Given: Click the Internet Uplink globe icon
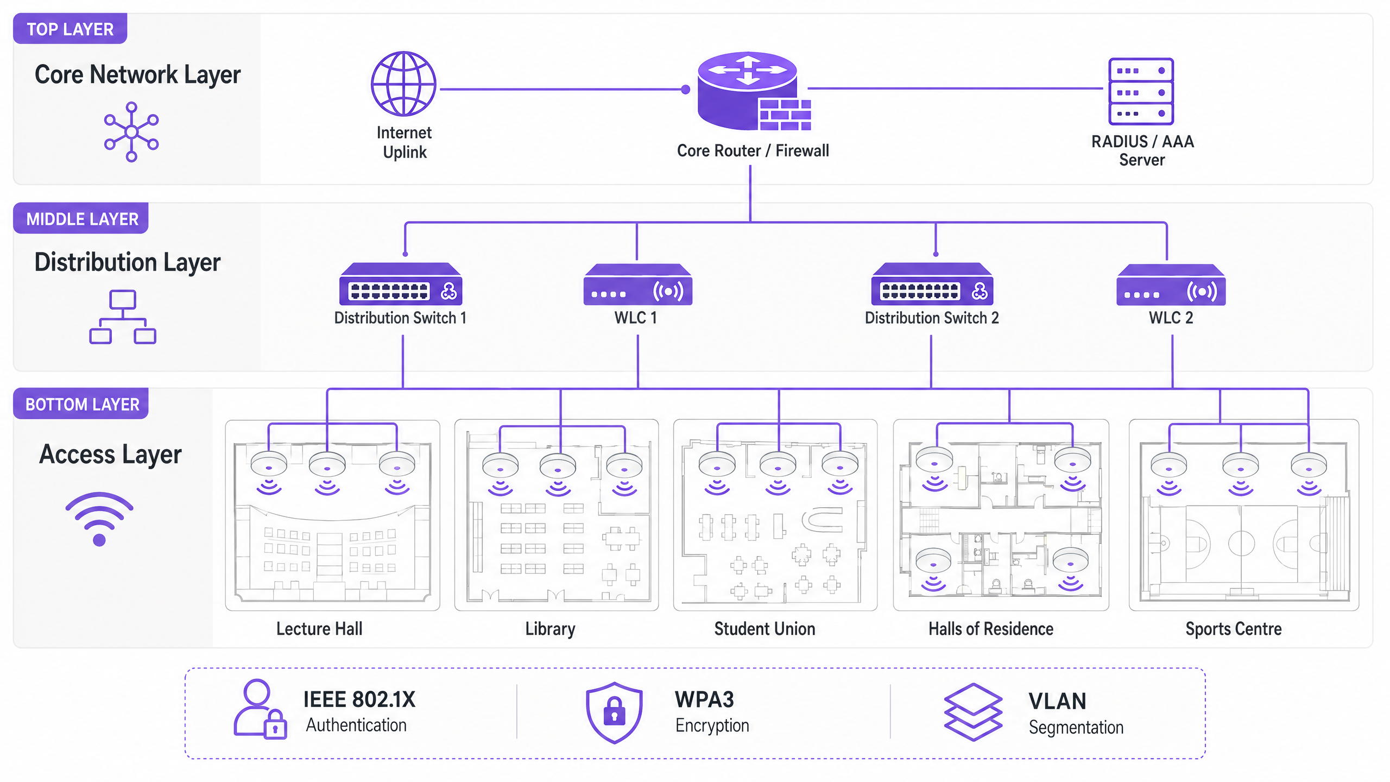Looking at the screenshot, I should tap(403, 84).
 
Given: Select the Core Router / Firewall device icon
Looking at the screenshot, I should tap(752, 91).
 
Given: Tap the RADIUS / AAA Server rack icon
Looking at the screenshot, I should tap(1140, 91).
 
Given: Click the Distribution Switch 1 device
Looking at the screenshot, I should tap(401, 284).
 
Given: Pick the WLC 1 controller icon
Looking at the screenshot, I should tap(637, 285).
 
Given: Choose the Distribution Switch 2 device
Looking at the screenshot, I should tap(932, 284).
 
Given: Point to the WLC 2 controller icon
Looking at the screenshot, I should tap(1171, 285).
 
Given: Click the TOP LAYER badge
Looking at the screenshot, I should tap(70, 29).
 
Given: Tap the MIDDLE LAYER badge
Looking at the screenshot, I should tap(81, 219).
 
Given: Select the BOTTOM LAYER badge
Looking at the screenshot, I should tap(81, 404).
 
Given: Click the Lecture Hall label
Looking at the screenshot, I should tap(319, 629).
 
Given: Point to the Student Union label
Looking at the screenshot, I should tap(764, 629).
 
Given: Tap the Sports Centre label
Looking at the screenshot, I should tap(1233, 629).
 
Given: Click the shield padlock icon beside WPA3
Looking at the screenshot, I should tap(614, 712).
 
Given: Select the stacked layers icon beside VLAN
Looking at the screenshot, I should tap(973, 712).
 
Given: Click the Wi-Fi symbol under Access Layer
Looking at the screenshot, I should tap(99, 519).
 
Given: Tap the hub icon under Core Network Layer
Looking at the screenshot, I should tap(131, 132).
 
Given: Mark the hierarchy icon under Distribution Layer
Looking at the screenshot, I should tap(123, 317).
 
